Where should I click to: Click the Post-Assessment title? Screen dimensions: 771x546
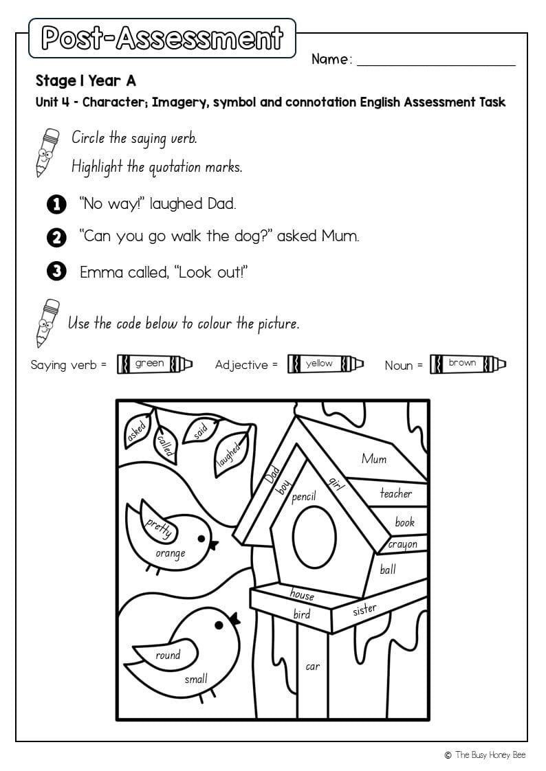point(162,38)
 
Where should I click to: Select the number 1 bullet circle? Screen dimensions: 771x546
point(56,204)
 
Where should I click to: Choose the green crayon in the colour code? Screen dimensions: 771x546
point(154,364)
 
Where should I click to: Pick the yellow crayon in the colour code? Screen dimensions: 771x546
point(325,364)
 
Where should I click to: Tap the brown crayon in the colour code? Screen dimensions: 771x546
point(468,364)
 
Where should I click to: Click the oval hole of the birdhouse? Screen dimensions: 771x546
point(314,537)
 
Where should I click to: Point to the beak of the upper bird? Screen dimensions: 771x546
point(214,545)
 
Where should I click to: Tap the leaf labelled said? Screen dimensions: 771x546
point(199,432)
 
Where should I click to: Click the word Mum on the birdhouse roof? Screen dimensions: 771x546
point(374,459)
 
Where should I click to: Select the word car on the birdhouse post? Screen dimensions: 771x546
point(312,666)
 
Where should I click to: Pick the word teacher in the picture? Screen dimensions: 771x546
point(396,493)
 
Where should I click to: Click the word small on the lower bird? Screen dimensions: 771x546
point(195,680)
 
